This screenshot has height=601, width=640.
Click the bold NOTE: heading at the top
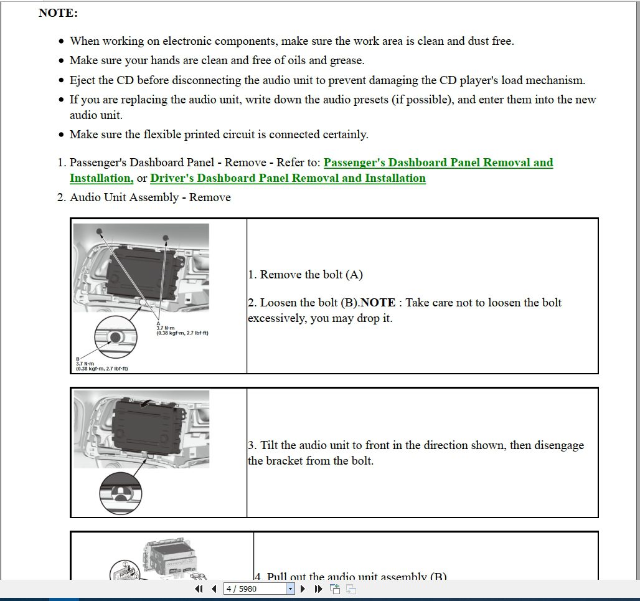58,13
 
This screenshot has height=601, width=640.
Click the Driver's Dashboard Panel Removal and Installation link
288,179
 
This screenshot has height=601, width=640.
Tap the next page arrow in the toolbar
303,589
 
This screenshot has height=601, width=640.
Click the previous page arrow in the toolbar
214,589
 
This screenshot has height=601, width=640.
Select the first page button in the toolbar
199,589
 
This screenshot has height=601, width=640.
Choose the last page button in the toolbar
318,589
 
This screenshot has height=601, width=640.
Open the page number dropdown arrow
290,589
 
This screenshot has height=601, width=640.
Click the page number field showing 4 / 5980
255,589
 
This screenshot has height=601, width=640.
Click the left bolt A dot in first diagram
99,231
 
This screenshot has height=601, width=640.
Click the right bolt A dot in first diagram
166,237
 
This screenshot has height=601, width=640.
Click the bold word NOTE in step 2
378,303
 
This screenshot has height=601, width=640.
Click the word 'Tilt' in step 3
269,446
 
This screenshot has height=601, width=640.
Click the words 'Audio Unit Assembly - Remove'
150,198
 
